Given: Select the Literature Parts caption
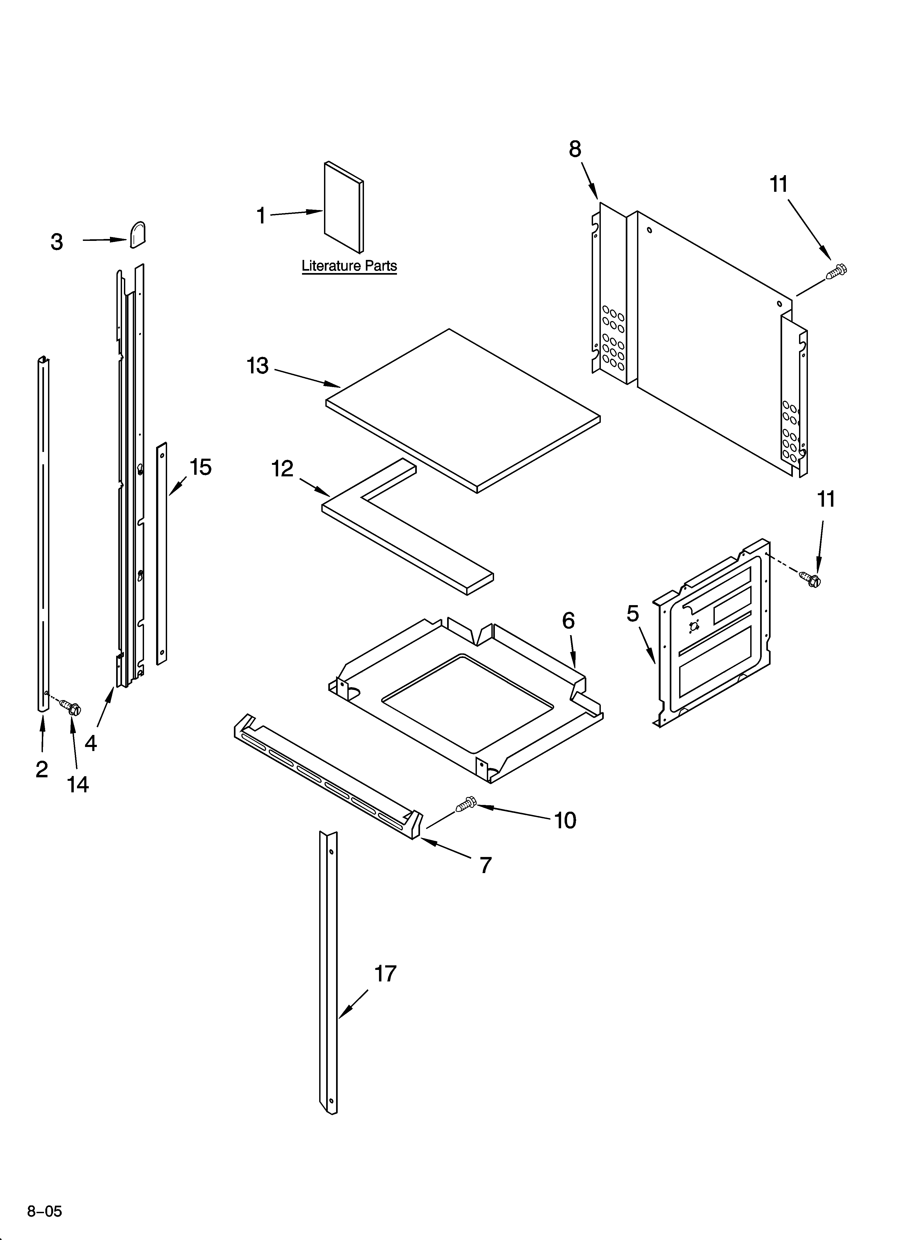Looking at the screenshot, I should (x=349, y=266).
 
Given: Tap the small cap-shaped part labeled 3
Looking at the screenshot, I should (x=138, y=235).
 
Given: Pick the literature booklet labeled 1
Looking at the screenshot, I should (x=343, y=208).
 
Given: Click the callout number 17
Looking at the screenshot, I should (x=385, y=974).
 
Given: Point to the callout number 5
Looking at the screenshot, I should (x=633, y=614).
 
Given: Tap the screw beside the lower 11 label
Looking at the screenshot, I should (x=811, y=578).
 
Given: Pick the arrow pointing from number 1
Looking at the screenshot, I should (x=295, y=213).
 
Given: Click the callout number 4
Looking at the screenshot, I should (x=91, y=742).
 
